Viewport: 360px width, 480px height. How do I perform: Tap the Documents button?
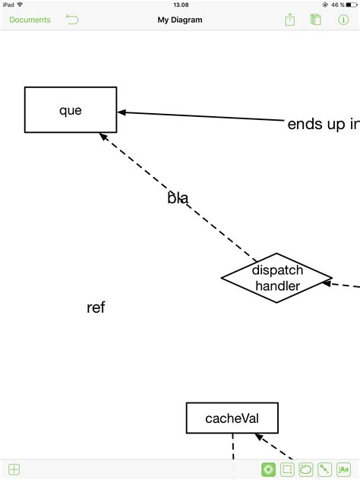pyautogui.click(x=30, y=20)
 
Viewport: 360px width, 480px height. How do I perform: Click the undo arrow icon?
pyautogui.click(x=72, y=19)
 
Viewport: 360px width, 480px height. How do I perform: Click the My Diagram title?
pyautogui.click(x=180, y=20)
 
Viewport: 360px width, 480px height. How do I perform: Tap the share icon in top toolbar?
pyautogui.click(x=289, y=20)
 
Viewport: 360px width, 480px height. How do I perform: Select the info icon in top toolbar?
pyautogui.click(x=343, y=20)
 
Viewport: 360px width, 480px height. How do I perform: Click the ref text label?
pyautogui.click(x=96, y=308)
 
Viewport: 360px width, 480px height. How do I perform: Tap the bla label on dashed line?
pyautogui.click(x=178, y=197)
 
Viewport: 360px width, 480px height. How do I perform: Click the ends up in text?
pyautogui.click(x=324, y=124)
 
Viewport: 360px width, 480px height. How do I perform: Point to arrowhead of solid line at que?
pyautogui.click(x=122, y=112)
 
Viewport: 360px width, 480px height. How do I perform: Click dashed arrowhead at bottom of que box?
pyautogui.click(x=103, y=137)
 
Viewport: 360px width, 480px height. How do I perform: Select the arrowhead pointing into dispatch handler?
pyautogui.click(x=327, y=283)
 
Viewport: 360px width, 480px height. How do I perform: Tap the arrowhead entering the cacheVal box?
pyautogui.click(x=259, y=437)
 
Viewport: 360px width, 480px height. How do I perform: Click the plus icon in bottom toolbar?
pyautogui.click(x=14, y=469)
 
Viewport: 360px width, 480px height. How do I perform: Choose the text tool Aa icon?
pyautogui.click(x=343, y=469)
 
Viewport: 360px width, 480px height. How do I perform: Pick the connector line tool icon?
pyautogui.click(x=325, y=469)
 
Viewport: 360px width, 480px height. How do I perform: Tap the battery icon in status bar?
pyautogui.click(x=352, y=5)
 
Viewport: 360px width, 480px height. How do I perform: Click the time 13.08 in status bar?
pyautogui.click(x=181, y=5)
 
